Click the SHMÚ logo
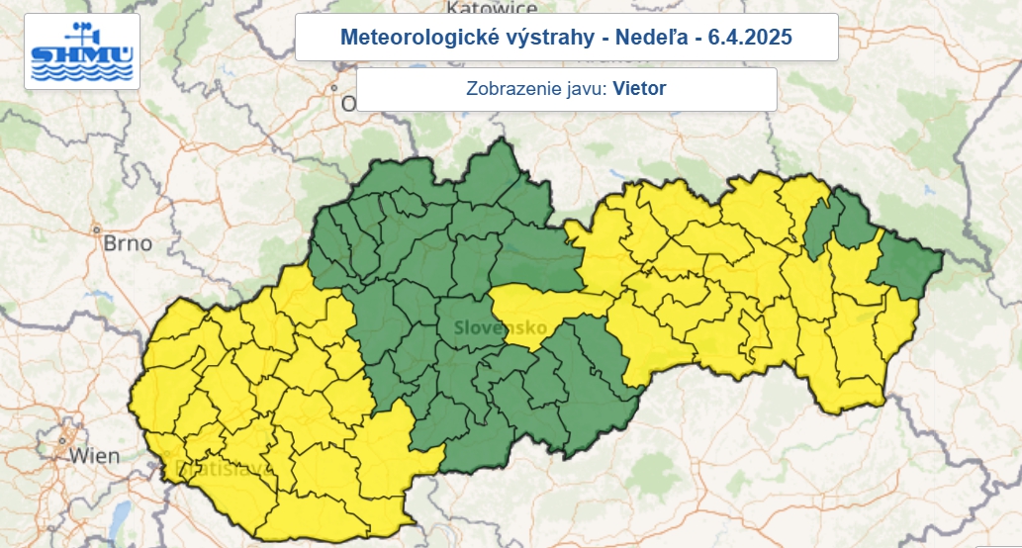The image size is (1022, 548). tap(82, 51)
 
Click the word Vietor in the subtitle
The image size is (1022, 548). tap(639, 89)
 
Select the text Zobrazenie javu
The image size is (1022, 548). tap(535, 89)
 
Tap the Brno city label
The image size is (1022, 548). tap(129, 243)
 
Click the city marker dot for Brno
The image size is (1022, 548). tap(98, 230)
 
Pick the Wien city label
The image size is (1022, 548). tap(95, 456)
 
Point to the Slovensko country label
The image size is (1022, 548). tap(495, 326)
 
